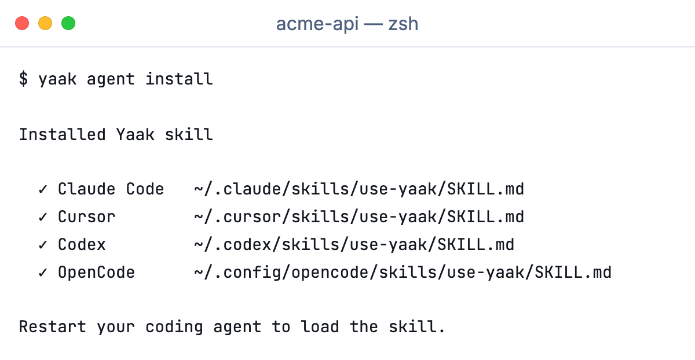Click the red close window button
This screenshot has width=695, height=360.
click(x=22, y=23)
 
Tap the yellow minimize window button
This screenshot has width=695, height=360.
click(x=45, y=23)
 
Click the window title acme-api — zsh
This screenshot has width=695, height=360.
click(x=347, y=24)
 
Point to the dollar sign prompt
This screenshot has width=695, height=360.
click(x=23, y=79)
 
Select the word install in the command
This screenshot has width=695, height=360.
click(x=179, y=79)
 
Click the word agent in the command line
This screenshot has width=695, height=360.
click(x=111, y=79)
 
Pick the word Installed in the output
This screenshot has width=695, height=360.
click(x=63, y=135)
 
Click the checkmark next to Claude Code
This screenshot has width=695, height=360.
click(x=43, y=189)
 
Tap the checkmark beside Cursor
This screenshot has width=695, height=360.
click(x=43, y=216)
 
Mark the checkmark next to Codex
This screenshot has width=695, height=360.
click(x=43, y=245)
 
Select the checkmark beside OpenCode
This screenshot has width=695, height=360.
click(x=43, y=273)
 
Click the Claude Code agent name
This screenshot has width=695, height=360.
click(x=111, y=189)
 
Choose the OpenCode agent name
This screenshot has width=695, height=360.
click(x=97, y=273)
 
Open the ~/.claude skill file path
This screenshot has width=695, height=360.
click(x=359, y=189)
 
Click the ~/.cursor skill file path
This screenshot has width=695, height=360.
click(x=359, y=216)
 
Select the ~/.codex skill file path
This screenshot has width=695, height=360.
click(x=354, y=245)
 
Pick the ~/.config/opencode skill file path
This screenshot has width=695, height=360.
click(x=403, y=273)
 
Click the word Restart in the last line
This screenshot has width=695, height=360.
click(x=53, y=326)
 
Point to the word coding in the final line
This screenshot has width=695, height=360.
click(x=174, y=327)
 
